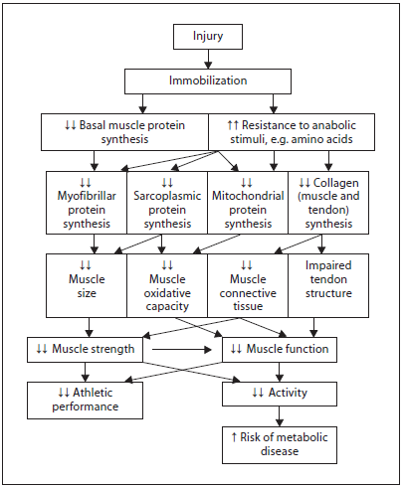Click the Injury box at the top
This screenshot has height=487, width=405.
208,37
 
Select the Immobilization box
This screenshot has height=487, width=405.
208,81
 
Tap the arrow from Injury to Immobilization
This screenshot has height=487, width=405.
208,60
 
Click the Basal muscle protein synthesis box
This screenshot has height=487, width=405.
124,132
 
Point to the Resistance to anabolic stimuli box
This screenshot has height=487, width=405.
292,132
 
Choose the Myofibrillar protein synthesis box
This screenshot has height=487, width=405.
87,203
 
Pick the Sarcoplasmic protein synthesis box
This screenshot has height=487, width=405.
167,203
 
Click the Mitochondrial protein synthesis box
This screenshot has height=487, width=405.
248,203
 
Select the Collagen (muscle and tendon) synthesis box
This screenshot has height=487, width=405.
328,203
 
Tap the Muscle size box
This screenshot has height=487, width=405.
87,285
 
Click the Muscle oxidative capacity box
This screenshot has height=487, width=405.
167,285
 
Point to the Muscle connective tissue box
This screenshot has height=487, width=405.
248,285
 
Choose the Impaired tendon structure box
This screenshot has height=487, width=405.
328,285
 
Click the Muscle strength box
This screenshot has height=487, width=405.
85,350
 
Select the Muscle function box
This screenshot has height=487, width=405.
280,350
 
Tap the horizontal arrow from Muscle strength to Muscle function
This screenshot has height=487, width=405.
182,350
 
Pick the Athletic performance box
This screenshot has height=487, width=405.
85,401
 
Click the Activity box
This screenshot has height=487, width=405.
280,394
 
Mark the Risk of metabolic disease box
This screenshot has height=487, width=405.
280,445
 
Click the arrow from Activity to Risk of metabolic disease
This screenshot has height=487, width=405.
280,416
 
